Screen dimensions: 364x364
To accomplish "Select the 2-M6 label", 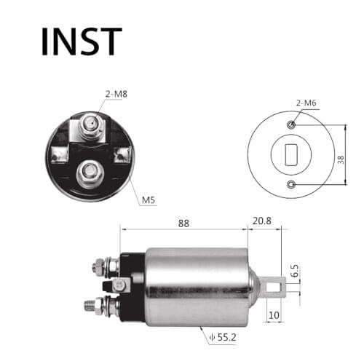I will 305,104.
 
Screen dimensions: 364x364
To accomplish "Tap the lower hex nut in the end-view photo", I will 90,173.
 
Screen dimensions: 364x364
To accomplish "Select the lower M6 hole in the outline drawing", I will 291,184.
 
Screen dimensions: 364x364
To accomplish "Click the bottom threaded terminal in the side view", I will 95,304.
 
